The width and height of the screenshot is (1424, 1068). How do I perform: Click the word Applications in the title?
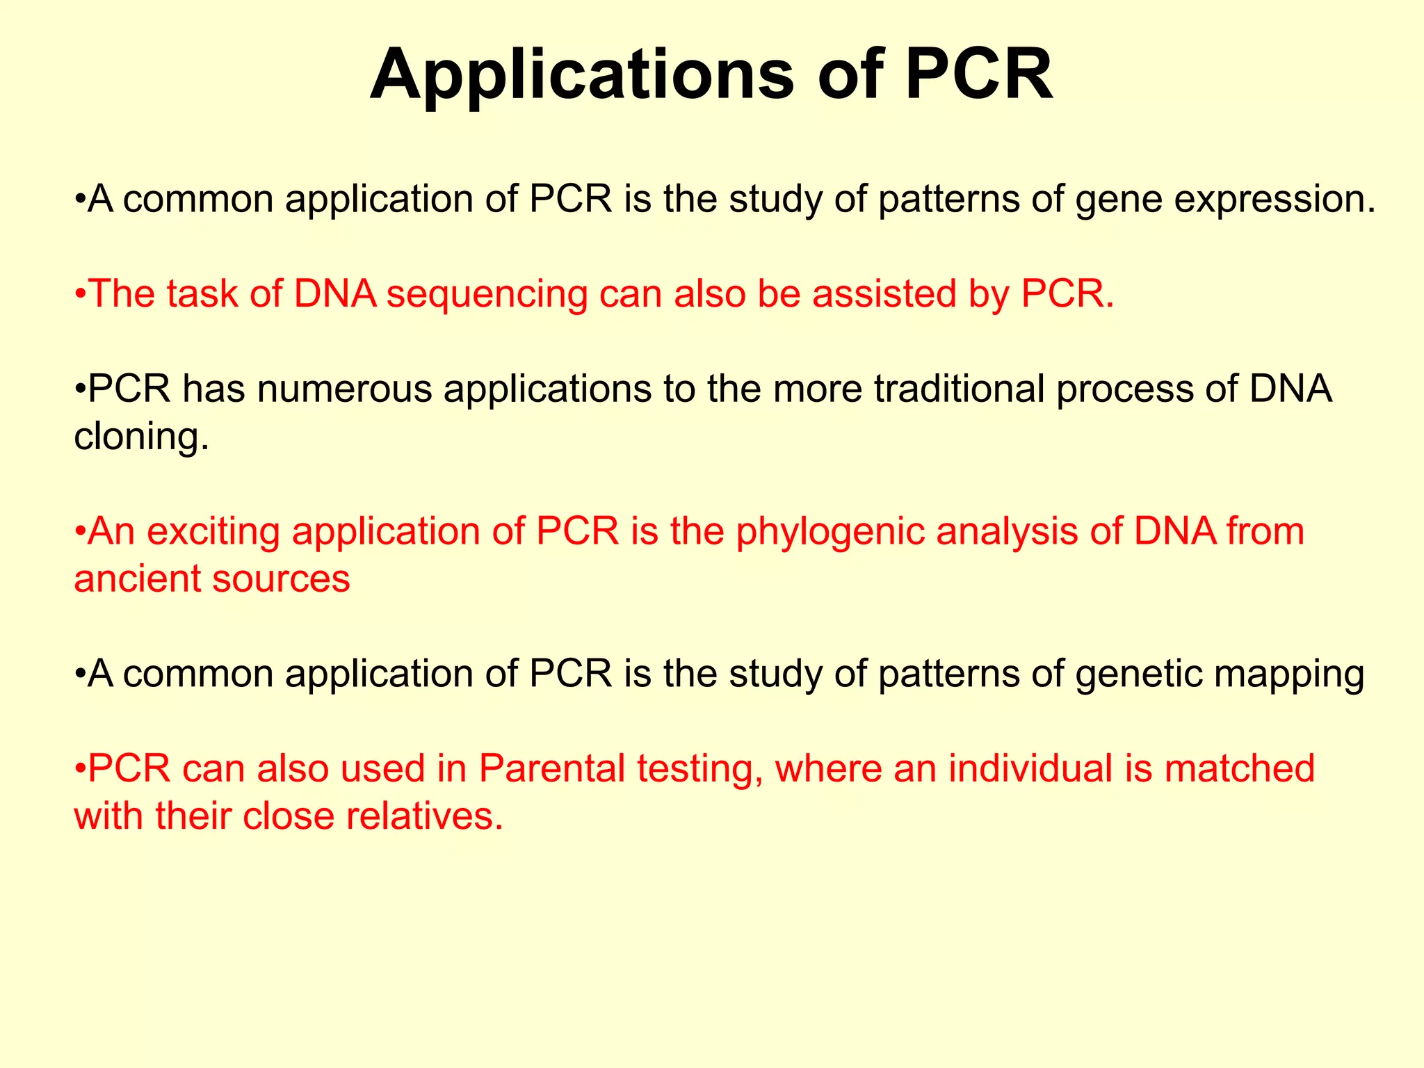[x=581, y=75]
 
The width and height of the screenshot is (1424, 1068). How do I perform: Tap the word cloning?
[x=141, y=437]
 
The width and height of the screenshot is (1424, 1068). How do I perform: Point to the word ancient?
[x=136, y=578]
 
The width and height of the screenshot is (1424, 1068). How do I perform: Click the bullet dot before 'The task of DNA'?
[x=81, y=295]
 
